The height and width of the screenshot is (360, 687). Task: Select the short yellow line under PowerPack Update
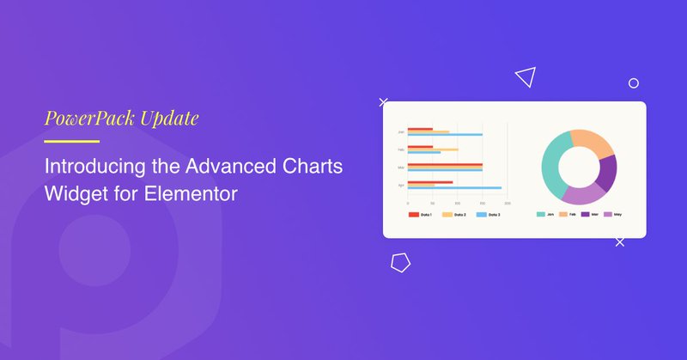(x=72, y=141)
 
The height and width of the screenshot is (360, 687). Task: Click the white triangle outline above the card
(x=526, y=78)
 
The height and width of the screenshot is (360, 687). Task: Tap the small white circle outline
(x=634, y=83)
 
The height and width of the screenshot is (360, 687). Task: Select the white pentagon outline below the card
(x=401, y=263)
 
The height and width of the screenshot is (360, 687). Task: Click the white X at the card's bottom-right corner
(x=620, y=242)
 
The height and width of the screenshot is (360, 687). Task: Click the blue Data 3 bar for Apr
(x=454, y=187)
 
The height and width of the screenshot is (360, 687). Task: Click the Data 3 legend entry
(x=487, y=214)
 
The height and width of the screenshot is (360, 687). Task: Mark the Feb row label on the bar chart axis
(x=401, y=149)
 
